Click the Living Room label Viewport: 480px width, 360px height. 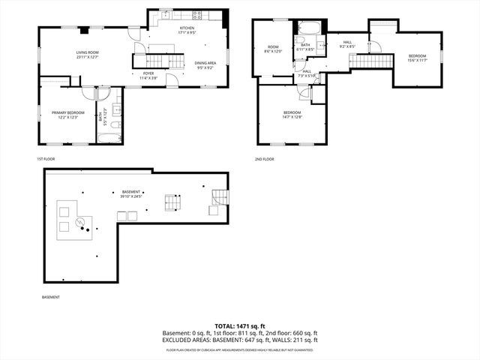(x=88, y=55)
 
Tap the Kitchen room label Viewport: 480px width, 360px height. (x=187, y=31)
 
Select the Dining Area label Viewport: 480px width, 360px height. (x=205, y=65)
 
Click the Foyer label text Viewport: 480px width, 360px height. (x=148, y=75)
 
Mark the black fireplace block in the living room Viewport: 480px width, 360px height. (x=85, y=31)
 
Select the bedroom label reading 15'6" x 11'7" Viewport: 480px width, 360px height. (x=418, y=58)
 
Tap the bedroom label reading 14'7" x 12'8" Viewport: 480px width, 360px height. (x=292, y=114)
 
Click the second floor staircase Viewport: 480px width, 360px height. (x=361, y=59)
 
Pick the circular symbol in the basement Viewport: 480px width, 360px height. (x=87, y=220)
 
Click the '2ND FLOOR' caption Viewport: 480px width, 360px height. (x=264, y=159)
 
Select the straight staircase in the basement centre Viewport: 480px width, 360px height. (x=173, y=202)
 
